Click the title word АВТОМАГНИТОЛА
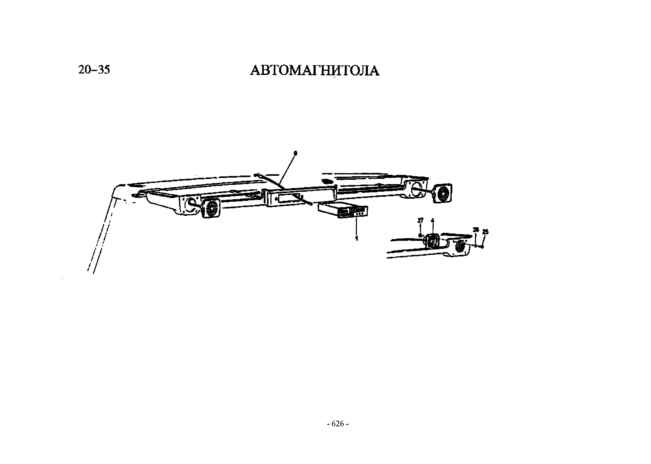click(x=315, y=71)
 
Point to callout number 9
click(x=295, y=153)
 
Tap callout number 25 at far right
click(x=485, y=232)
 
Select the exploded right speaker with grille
click(x=443, y=193)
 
